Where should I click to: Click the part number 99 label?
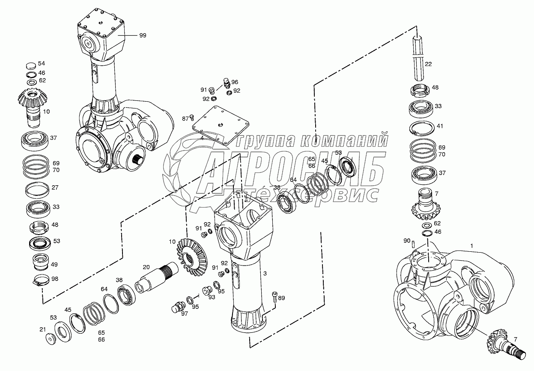[143, 36]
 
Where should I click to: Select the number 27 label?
[56, 188]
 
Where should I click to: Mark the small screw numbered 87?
[191, 116]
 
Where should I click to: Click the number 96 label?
[235, 82]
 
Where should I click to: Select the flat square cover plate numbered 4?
[221, 124]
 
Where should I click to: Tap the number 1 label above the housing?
[471, 246]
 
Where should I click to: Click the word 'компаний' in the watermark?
[351, 139]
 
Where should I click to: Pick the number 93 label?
[212, 297]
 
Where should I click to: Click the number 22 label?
[428, 64]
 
